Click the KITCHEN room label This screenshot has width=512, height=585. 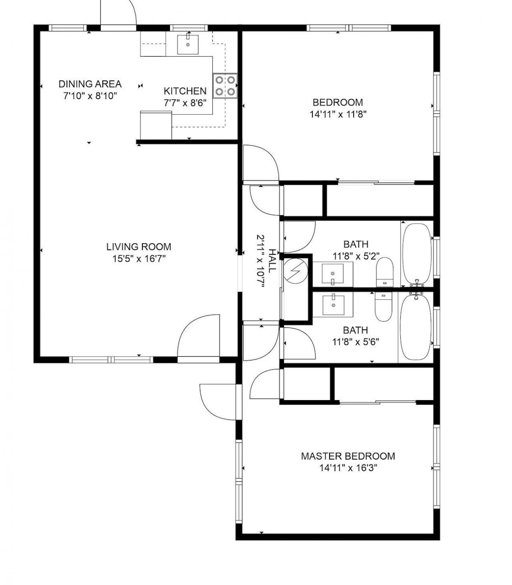pyautogui.click(x=185, y=91)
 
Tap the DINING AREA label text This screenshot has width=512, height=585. pyautogui.click(x=90, y=84)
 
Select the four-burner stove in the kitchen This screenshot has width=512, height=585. pyautogui.click(x=225, y=86)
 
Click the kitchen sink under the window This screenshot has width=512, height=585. pyautogui.click(x=188, y=44)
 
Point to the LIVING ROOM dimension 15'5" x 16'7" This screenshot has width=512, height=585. pyautogui.click(x=139, y=259)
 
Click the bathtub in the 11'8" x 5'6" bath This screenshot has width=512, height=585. pyautogui.click(x=416, y=327)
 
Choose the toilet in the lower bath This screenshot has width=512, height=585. pyautogui.click(x=384, y=307)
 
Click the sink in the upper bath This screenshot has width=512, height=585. pyautogui.click(x=332, y=274)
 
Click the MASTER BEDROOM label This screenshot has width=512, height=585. pyautogui.click(x=348, y=456)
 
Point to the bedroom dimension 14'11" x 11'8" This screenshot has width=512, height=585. pyautogui.click(x=338, y=114)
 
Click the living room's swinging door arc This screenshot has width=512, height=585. pyautogui.click(x=199, y=335)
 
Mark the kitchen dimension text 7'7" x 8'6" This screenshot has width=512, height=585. pyautogui.click(x=185, y=103)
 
